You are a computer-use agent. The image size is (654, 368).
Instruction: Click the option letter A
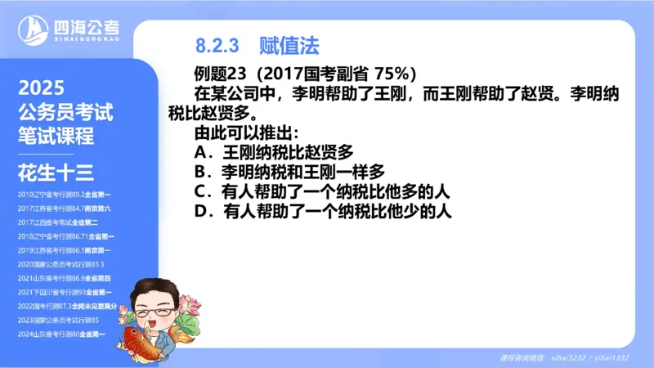[201, 152]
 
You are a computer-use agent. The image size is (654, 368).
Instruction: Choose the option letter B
[201, 172]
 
